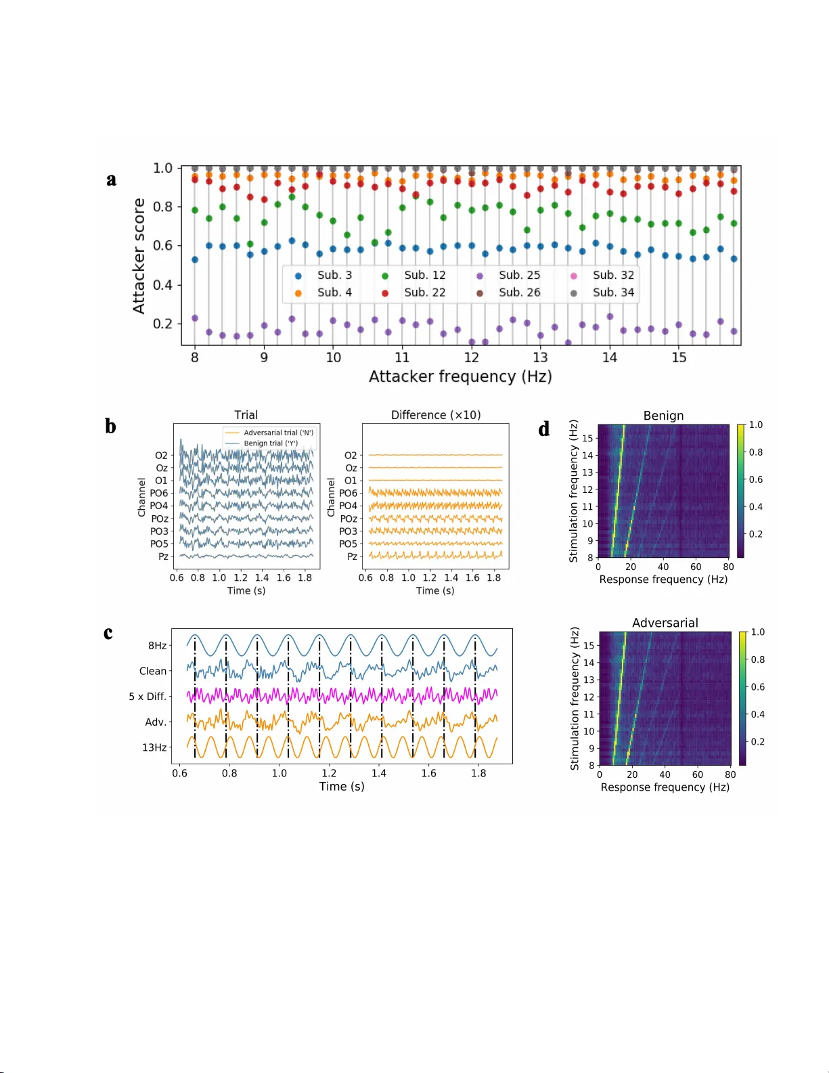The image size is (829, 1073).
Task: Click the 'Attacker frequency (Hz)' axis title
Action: click(460, 376)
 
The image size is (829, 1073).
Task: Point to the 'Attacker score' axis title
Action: click(139, 256)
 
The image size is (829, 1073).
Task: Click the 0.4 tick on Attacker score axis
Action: click(162, 284)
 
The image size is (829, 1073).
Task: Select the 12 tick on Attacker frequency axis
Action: click(472, 357)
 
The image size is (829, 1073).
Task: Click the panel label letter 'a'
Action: click(112, 179)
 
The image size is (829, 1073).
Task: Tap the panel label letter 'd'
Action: click(544, 429)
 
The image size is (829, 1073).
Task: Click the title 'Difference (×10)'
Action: click(436, 415)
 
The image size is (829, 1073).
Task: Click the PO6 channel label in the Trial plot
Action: click(159, 493)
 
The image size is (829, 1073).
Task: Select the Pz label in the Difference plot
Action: click(352, 556)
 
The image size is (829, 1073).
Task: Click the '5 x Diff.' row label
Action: click(148, 696)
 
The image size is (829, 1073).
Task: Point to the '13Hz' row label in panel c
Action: click(154, 747)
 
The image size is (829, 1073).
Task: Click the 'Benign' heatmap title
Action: click(663, 416)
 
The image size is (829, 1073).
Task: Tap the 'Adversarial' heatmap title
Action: click(665, 623)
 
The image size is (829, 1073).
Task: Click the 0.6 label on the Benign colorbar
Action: click(755, 479)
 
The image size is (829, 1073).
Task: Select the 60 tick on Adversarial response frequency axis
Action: click(698, 774)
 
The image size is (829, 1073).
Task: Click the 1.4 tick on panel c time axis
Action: click(379, 773)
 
